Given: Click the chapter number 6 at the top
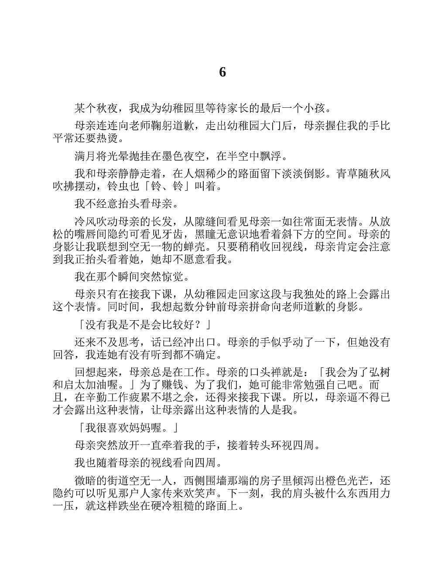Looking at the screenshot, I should coord(222,72).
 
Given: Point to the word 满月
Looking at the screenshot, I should coord(86,155).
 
